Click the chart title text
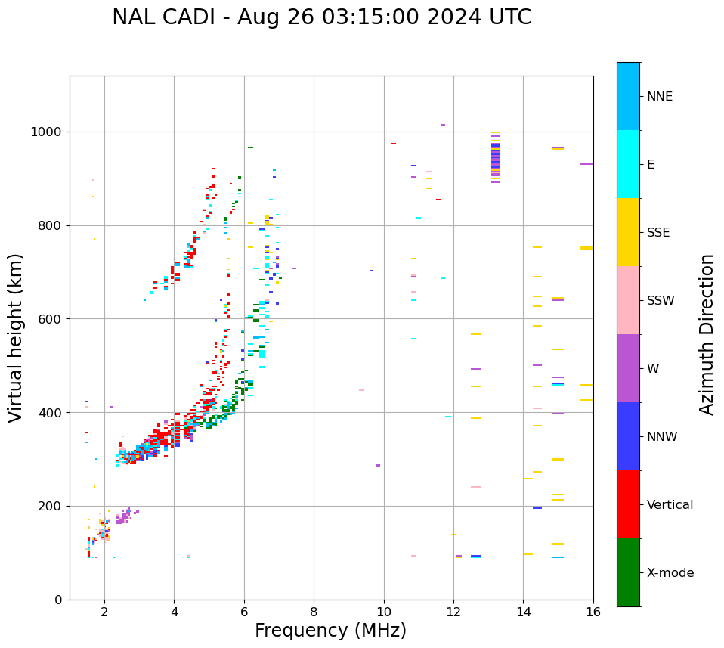coord(321,17)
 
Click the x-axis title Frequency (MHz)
coord(330,631)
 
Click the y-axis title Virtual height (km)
coord(16,338)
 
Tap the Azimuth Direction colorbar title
coord(707,334)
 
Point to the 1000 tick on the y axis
coord(48,132)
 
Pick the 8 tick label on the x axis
coord(314,612)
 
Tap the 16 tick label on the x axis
coord(593,612)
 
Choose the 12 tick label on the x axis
coord(453,612)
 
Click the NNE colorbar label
coord(659,97)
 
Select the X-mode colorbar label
coord(670,573)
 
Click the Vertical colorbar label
coord(670,505)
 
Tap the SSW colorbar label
coord(661,301)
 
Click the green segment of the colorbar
coord(628,572)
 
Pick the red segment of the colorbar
coord(628,504)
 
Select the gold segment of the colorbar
coord(628,232)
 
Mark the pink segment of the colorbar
coord(628,300)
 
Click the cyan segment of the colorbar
coord(628,164)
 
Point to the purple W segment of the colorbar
coord(628,368)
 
